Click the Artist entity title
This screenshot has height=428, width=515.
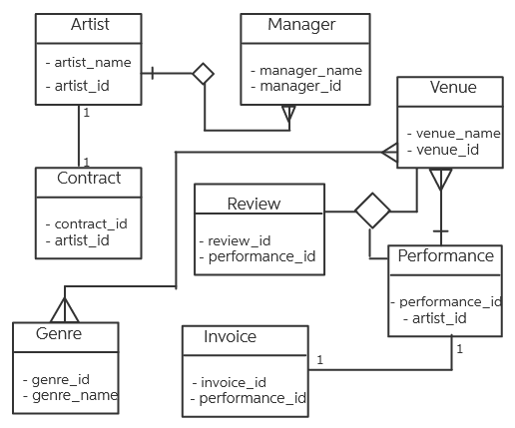coord(91,24)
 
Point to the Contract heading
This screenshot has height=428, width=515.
coord(89,178)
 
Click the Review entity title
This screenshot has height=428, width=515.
coord(255,204)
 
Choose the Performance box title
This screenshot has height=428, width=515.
coord(445,255)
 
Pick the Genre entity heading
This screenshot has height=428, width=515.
coord(63,333)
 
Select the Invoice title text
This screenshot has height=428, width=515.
coord(231,336)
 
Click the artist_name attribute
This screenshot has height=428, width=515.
coord(92,62)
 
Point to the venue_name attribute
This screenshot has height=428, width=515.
coord(456,133)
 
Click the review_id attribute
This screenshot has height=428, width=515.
coord(238,239)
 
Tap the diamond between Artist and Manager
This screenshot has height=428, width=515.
coord(205,73)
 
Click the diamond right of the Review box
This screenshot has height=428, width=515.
coord(373,211)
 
